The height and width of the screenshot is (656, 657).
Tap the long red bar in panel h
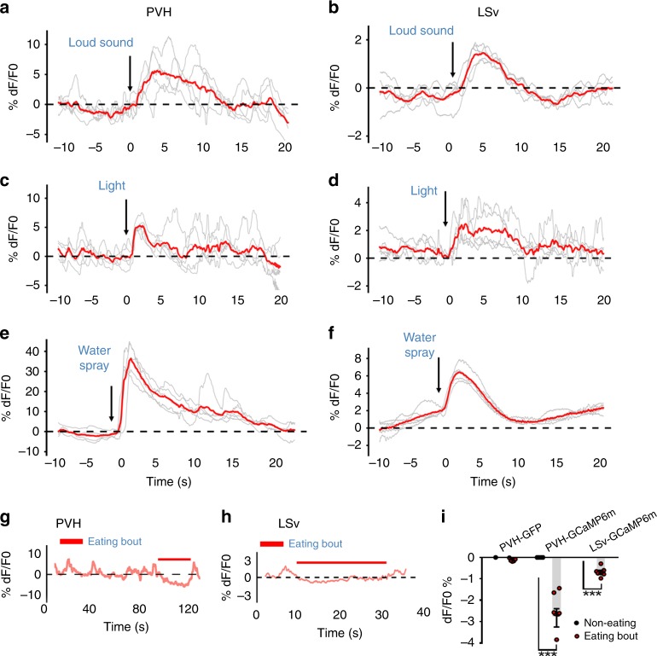341,562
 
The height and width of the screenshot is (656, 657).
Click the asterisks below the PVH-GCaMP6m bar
548,652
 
